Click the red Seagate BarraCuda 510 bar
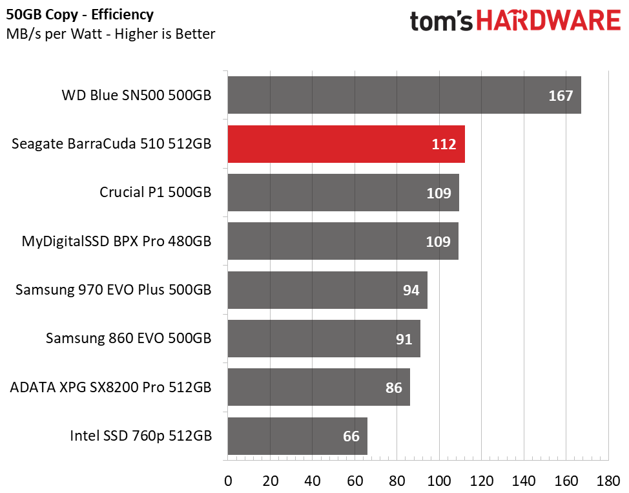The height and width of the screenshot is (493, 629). [346, 144]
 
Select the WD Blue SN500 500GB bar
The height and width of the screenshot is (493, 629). [404, 95]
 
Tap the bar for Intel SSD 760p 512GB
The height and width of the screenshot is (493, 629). [297, 435]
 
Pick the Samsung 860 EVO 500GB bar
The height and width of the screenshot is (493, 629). [324, 339]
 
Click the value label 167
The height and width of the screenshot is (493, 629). [561, 96]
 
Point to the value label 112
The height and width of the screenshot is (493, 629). [444, 144]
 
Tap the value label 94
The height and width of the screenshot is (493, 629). [411, 290]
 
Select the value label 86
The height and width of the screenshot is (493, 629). [393, 388]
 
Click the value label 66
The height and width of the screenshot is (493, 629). [351, 436]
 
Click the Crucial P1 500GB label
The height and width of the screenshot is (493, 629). [155, 193]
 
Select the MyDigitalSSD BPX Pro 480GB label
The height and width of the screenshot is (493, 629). [116, 241]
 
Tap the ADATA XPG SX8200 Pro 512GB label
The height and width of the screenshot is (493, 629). [110, 388]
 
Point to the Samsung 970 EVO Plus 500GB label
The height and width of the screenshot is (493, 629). [113, 290]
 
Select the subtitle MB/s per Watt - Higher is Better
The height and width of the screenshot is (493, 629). [110, 34]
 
